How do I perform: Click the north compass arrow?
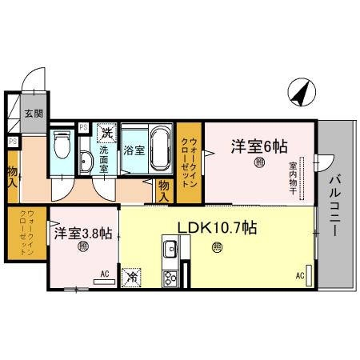(299, 94)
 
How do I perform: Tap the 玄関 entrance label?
(34, 114)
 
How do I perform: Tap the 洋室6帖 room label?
(259, 146)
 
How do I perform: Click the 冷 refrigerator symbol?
(131, 277)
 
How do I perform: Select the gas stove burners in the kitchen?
(170, 278)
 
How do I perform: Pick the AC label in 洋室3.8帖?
(105, 274)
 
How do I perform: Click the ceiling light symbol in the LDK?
(218, 248)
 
